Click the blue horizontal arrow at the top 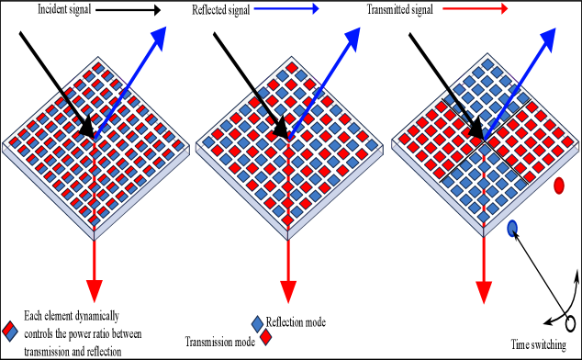click(x=285, y=8)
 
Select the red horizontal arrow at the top click(x=475, y=8)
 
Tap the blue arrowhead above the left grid click(x=159, y=38)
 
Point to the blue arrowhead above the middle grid click(x=353, y=39)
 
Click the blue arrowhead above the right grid click(x=548, y=39)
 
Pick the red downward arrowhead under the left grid click(x=94, y=291)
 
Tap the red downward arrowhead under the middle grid click(x=288, y=291)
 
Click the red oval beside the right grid click(x=558, y=186)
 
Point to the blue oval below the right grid click(x=511, y=228)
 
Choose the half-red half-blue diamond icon click(x=9, y=331)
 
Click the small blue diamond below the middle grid click(x=257, y=324)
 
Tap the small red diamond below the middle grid click(x=265, y=336)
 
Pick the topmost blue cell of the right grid click(x=487, y=65)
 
